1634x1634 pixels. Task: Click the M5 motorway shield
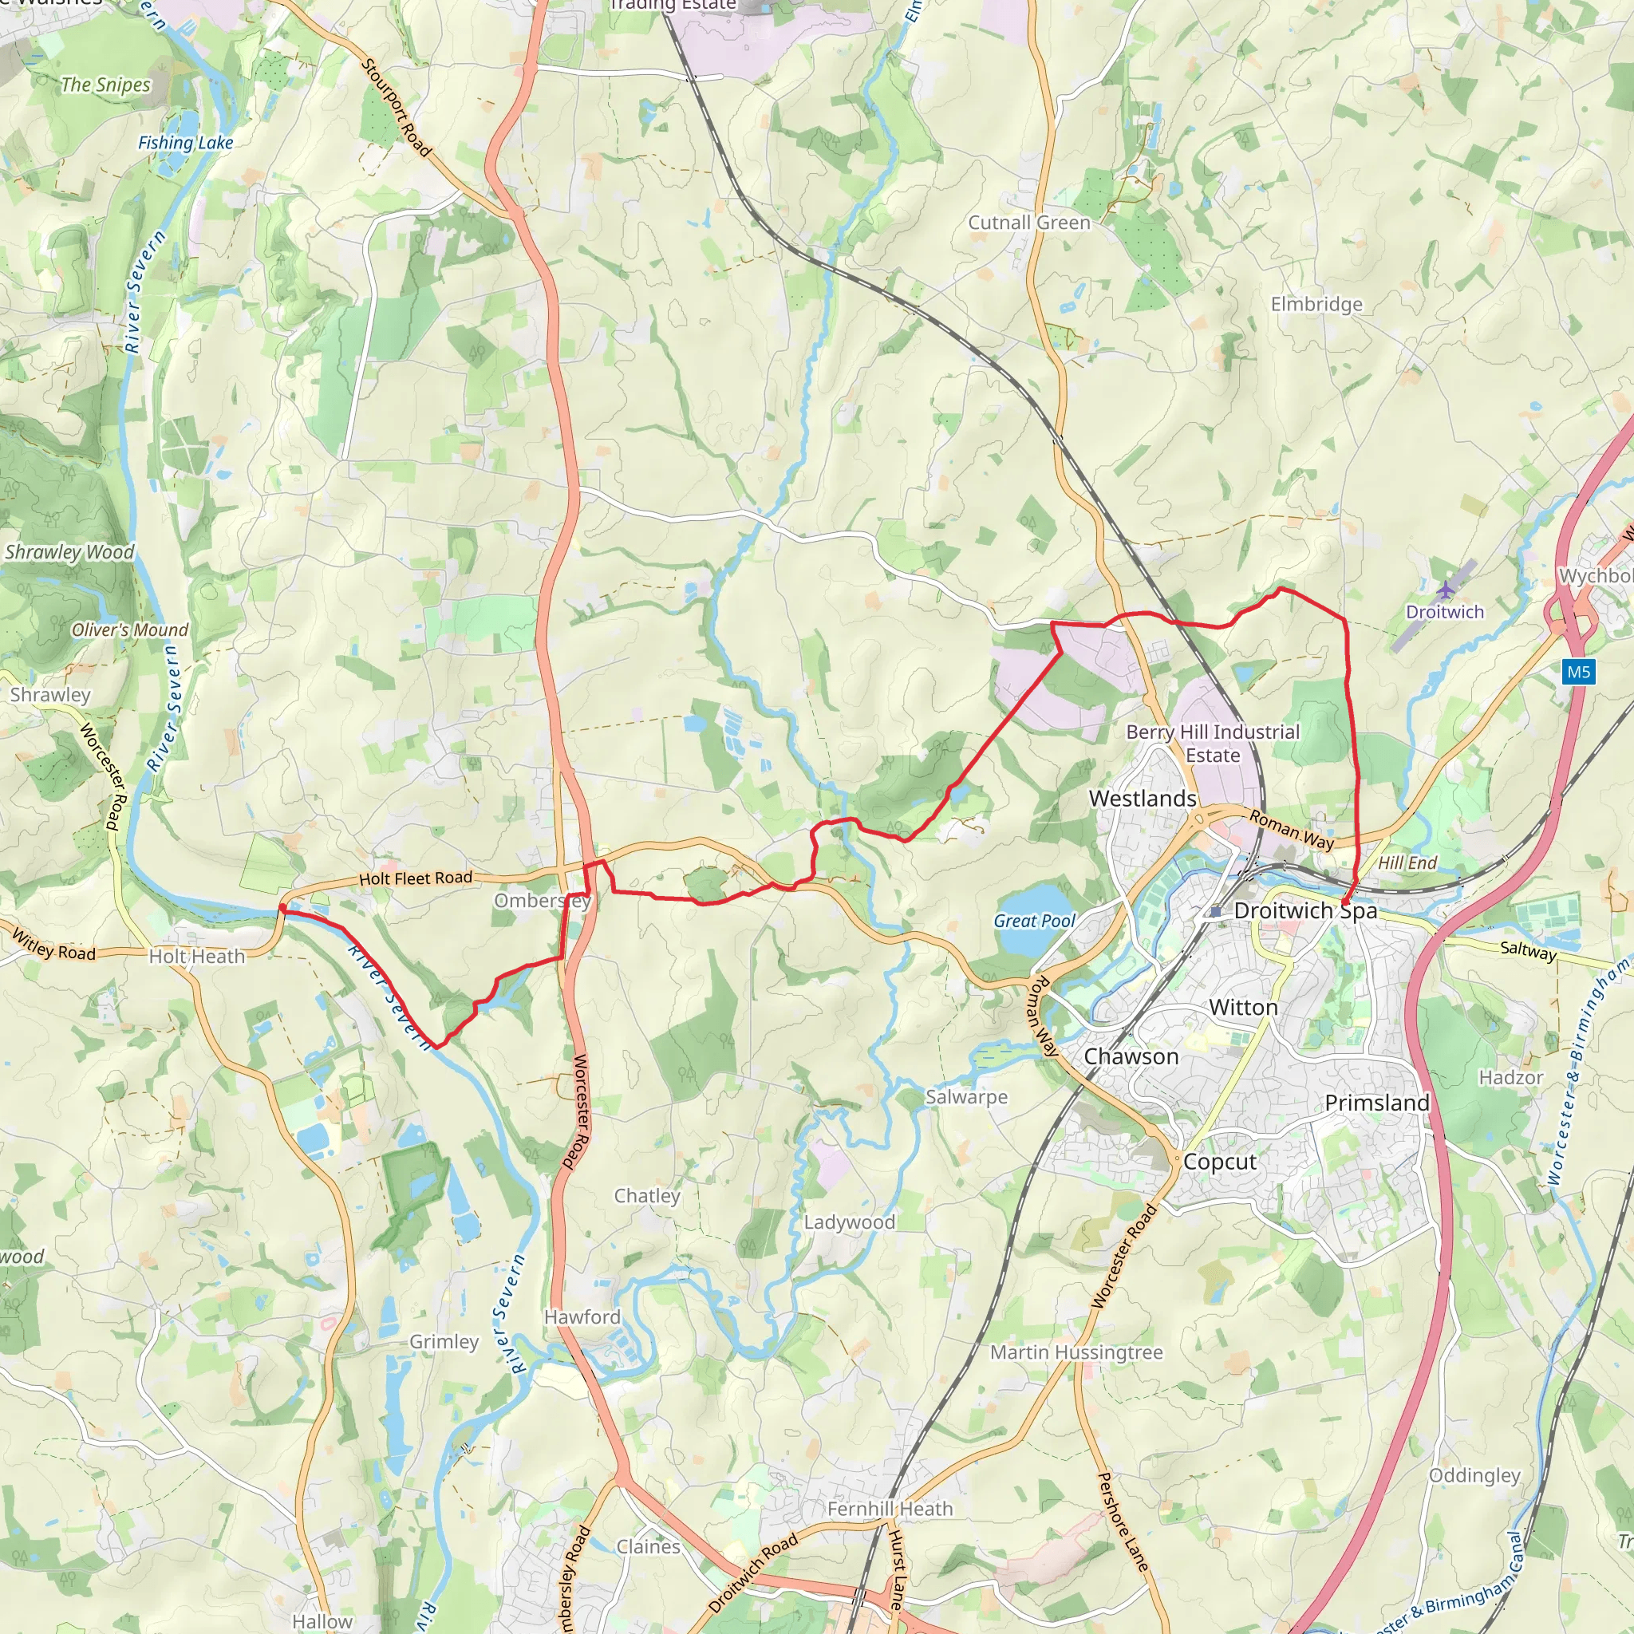coord(1578,673)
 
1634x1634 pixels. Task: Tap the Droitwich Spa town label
coord(1305,911)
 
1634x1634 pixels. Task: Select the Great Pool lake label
coord(1033,921)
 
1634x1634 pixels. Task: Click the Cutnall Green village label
coord(1028,223)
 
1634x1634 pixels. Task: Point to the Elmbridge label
coord(1316,304)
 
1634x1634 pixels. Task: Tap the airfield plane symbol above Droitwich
coord(1447,588)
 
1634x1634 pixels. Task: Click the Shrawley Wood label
coord(69,552)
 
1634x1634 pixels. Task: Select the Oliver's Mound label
coord(129,630)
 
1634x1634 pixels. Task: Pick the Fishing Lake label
coord(185,143)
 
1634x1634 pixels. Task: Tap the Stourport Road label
coord(397,108)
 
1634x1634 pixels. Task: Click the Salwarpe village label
coord(966,1097)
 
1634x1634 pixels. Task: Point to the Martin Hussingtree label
coord(1076,1352)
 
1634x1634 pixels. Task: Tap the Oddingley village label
coord(1474,1475)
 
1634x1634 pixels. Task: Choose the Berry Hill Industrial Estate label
coord(1213,744)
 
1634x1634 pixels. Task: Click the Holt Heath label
coord(196,957)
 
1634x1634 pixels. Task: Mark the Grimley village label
coord(444,1342)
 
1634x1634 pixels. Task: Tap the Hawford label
coord(582,1316)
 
